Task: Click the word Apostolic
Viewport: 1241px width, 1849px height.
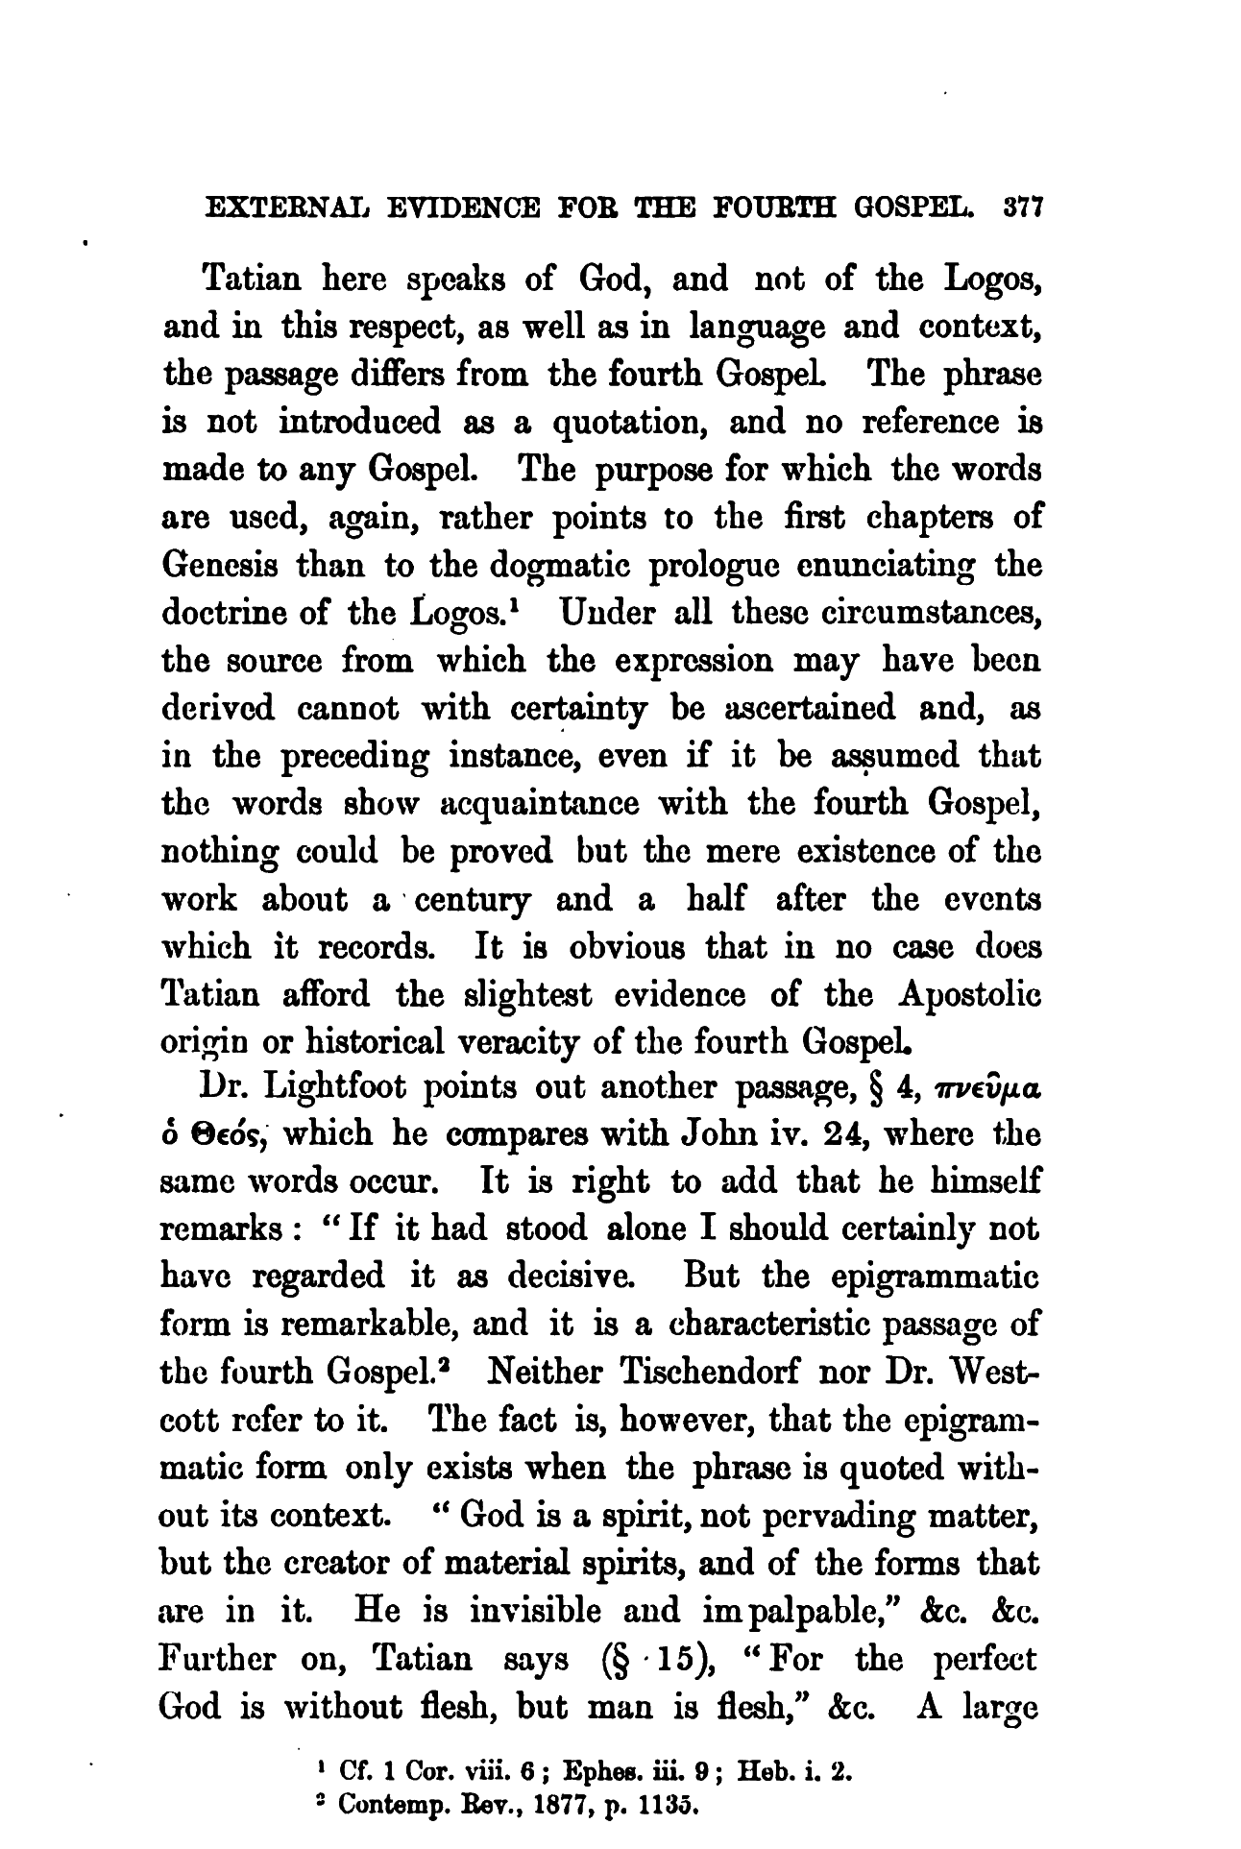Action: [970, 995]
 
